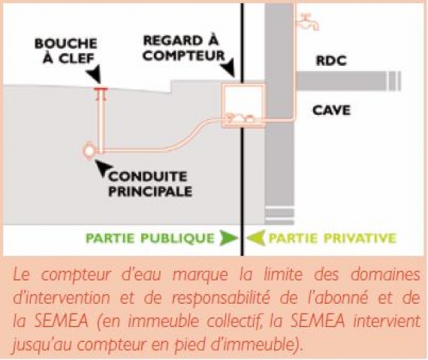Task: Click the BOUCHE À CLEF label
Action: point(66,51)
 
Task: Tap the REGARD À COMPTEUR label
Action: point(184,48)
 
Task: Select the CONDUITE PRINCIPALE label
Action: point(150,184)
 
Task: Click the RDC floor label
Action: point(331,61)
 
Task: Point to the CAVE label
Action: point(331,110)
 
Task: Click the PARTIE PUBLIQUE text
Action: point(150,238)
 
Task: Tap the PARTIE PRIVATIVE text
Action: point(332,238)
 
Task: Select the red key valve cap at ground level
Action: point(101,88)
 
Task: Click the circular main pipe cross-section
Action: point(89,151)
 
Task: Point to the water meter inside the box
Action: point(239,118)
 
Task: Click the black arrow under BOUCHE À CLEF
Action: point(95,73)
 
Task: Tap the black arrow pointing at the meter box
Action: point(228,67)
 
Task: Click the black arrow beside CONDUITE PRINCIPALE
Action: point(103,167)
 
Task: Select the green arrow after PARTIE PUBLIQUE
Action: point(228,238)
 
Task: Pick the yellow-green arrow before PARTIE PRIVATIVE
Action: point(256,238)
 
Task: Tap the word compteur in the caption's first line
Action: point(76,275)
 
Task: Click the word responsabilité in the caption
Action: point(221,298)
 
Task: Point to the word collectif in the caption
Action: point(233,321)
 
